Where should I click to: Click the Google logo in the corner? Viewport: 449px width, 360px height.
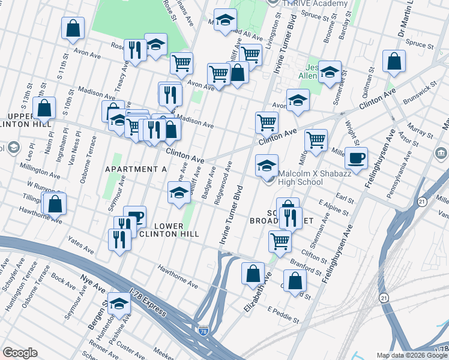tap(20, 353)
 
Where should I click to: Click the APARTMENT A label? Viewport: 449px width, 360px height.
tap(136, 169)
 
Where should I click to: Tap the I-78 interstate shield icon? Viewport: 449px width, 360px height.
tap(204, 330)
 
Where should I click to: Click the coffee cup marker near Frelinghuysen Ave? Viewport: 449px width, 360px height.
tap(356, 158)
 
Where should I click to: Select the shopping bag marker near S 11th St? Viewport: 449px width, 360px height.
tap(73, 28)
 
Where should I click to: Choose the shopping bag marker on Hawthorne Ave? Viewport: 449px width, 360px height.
tap(55, 204)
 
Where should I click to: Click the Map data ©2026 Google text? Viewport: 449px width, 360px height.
tap(412, 355)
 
